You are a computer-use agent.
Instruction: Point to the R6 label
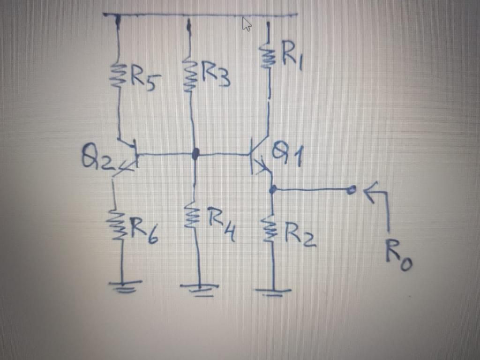coord(143,232)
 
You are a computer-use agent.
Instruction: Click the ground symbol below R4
coord(200,287)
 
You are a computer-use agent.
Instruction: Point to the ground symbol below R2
coord(274,292)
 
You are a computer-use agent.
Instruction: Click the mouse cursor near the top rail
coord(247,24)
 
